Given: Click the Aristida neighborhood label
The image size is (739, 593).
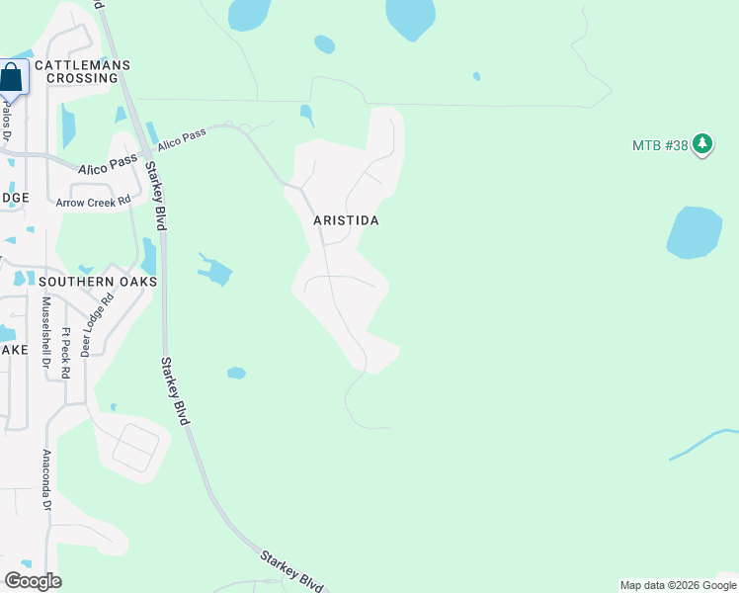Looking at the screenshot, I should click(346, 221).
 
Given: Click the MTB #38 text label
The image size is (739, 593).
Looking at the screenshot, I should click(660, 145).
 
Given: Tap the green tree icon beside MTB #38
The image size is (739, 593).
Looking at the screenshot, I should click(702, 144).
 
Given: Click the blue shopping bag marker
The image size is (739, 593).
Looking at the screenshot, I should click(12, 77).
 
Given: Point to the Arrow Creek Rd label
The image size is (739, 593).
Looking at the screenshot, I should click(94, 202).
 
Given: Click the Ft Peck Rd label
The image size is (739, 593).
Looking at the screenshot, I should click(66, 353).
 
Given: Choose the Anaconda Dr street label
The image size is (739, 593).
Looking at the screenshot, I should click(45, 479).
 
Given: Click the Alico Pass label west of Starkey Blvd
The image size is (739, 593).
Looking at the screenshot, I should click(109, 164).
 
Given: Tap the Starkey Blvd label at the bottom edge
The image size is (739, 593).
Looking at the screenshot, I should click(292, 570).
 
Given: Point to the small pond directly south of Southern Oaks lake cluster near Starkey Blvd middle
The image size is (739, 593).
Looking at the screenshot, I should click(236, 373).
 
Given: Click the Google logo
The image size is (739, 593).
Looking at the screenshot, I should click(33, 581).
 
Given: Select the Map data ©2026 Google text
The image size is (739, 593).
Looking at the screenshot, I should click(677, 585).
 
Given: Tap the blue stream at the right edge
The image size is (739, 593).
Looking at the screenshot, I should click(703, 444).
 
